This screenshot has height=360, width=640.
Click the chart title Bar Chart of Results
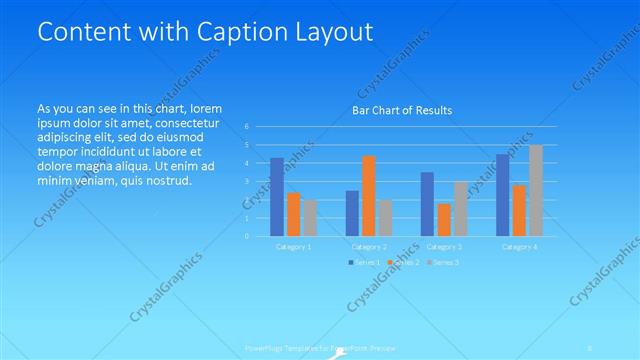401,110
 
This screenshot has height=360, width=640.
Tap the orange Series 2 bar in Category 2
368,196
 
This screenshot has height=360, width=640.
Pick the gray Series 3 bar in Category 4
535,191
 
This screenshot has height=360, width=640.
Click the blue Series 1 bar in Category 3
427,204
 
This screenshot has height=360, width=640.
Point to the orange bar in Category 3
443,220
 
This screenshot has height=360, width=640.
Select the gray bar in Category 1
309,218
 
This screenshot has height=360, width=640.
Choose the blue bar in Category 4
502,195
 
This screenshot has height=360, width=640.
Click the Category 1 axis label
293,246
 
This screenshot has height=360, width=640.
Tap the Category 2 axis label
369,246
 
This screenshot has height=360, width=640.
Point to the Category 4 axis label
519,246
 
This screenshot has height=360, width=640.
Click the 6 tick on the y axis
247,127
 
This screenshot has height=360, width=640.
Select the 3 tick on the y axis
247,182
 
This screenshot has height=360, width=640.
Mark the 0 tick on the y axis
247,237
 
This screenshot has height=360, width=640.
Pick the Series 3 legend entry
444,262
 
